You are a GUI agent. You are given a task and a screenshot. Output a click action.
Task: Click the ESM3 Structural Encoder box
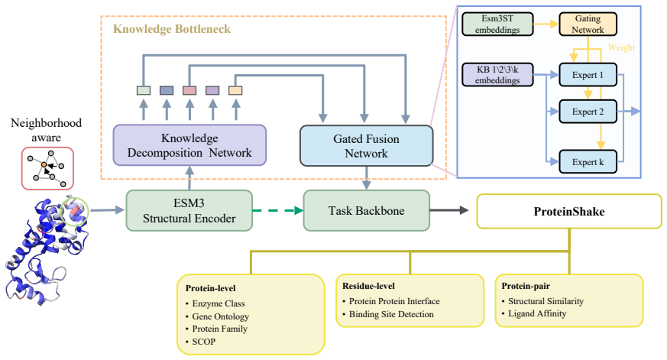coord(189,211)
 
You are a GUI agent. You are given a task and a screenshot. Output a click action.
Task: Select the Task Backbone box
coord(366,211)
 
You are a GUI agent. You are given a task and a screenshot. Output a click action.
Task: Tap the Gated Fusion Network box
coord(366,145)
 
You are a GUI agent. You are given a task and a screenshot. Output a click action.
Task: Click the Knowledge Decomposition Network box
coord(189,145)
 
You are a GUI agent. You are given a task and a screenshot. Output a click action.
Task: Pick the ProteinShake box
coord(569,212)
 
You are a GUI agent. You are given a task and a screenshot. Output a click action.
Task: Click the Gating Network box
coord(588,24)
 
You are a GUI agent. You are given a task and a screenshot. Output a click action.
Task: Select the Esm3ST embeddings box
coord(497,24)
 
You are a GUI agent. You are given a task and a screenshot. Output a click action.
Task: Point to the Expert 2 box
coord(588,112)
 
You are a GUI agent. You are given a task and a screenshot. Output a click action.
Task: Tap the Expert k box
coord(588,162)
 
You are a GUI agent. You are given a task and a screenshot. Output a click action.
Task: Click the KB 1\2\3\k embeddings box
coord(497,74)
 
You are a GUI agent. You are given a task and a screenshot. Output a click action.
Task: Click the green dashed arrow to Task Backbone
coord(278,210)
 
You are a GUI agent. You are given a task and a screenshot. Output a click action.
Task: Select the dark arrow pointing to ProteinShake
coord(449,209)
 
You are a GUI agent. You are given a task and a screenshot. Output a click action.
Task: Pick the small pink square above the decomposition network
coord(189,90)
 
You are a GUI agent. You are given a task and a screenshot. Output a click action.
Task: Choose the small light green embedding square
coord(144,90)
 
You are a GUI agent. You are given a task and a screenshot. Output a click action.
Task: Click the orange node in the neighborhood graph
coord(44,164)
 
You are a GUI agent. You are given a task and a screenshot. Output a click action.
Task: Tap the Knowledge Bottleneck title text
coord(172,29)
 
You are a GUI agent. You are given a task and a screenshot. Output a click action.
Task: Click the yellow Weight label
coord(621,47)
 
